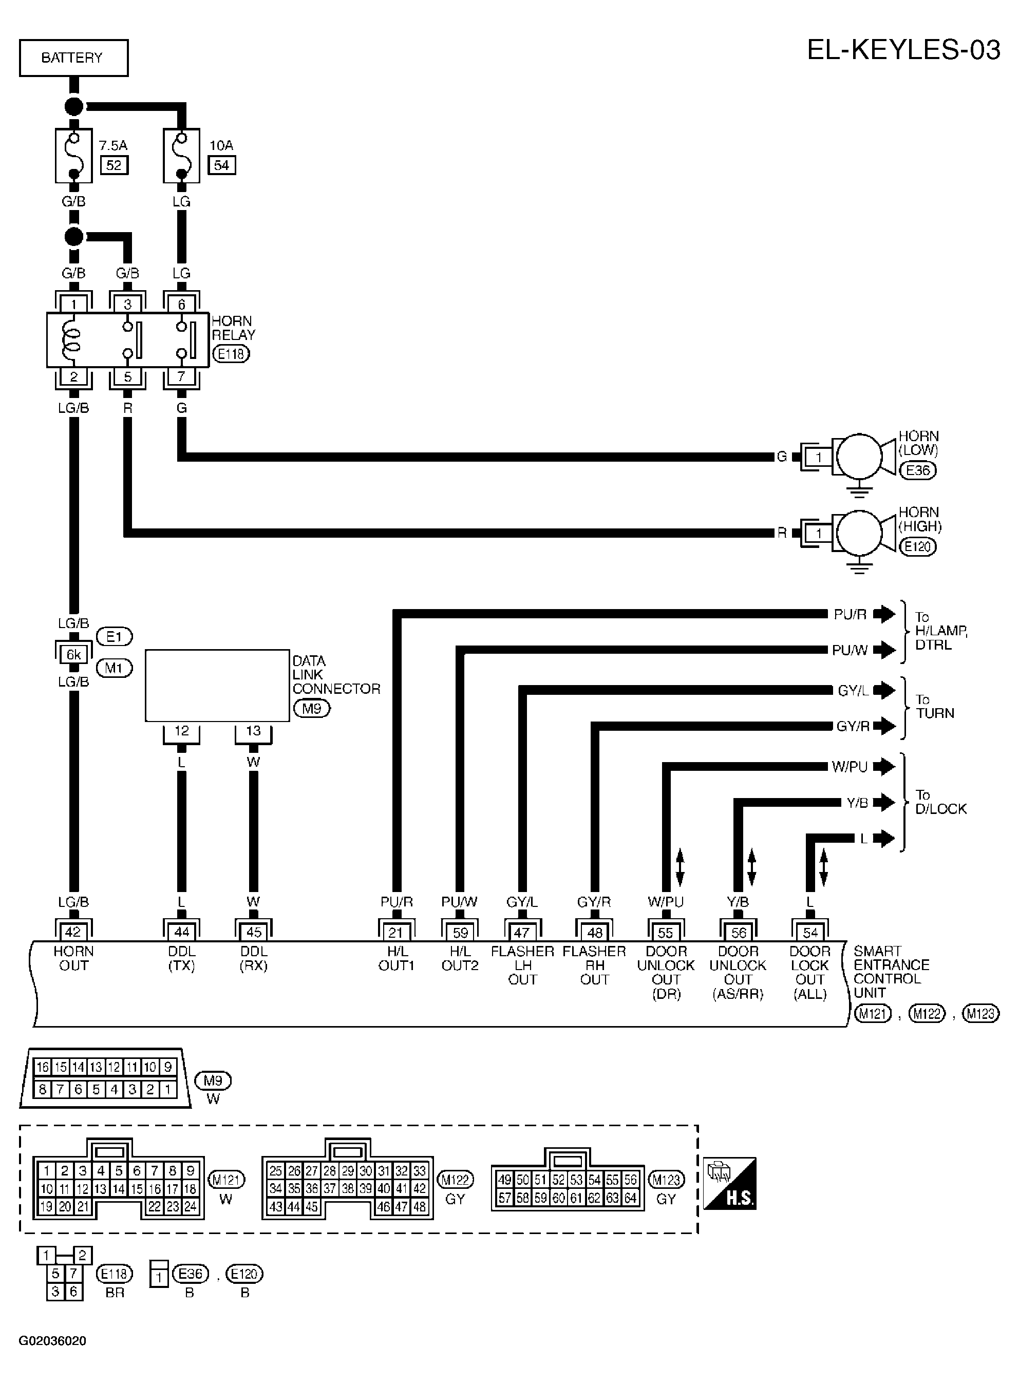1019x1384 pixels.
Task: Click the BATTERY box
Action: pyautogui.click(x=73, y=58)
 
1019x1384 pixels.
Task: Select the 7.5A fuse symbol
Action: pyautogui.click(x=73, y=156)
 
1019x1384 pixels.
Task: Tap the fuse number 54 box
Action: pyautogui.click(x=221, y=165)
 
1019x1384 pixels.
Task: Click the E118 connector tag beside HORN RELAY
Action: pyautogui.click(x=231, y=354)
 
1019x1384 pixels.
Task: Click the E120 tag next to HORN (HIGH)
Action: pyautogui.click(x=918, y=546)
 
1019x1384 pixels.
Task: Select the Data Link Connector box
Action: pyautogui.click(x=217, y=685)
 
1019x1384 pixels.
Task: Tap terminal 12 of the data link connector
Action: pyautogui.click(x=181, y=731)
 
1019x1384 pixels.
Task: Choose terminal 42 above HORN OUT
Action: pyautogui.click(x=73, y=931)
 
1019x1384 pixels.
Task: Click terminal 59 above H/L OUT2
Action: pyautogui.click(x=460, y=931)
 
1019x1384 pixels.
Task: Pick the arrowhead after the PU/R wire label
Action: pyautogui.click(x=884, y=614)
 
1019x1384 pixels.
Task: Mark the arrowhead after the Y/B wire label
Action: pyautogui.click(x=884, y=802)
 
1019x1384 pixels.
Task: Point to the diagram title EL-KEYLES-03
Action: pyautogui.click(x=903, y=49)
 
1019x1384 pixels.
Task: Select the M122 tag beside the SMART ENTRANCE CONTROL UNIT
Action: pyautogui.click(x=927, y=1013)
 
